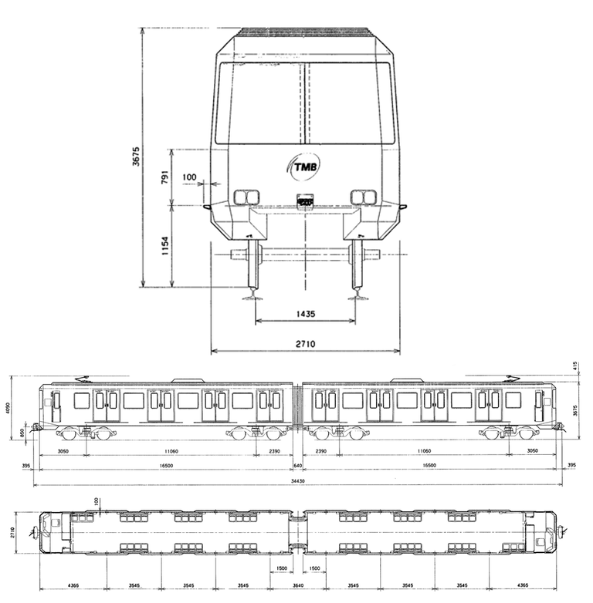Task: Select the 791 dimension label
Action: (x=164, y=177)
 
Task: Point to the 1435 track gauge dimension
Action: (x=305, y=315)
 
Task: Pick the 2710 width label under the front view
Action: (x=305, y=343)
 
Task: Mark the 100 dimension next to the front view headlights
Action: (x=189, y=177)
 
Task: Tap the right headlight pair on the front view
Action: (x=363, y=197)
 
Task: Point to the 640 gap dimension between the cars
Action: (x=297, y=466)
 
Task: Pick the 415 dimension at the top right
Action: (x=576, y=366)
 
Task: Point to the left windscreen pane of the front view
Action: (x=263, y=103)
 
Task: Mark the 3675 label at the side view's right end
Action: (x=576, y=411)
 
